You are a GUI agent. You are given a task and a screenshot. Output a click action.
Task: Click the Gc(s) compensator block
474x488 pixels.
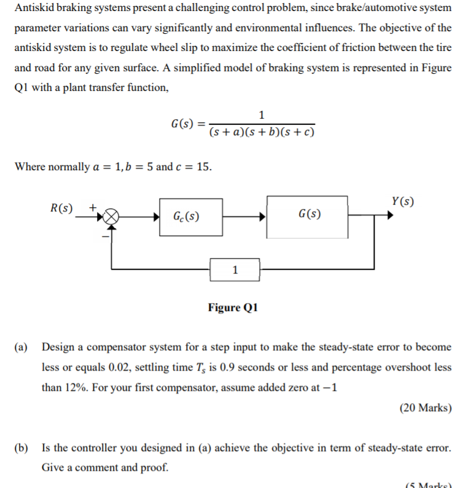(x=191, y=216)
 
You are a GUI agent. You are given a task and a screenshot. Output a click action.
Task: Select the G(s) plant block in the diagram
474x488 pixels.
(x=306, y=216)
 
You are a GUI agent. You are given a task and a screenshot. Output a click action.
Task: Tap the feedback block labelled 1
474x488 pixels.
(x=235, y=269)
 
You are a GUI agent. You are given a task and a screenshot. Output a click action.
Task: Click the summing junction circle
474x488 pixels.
(x=112, y=216)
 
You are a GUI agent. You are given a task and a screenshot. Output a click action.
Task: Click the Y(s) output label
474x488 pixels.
(x=402, y=201)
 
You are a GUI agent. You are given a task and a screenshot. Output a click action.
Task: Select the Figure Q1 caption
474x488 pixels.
(x=233, y=307)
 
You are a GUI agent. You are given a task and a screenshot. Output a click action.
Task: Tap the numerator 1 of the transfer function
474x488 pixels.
(x=262, y=115)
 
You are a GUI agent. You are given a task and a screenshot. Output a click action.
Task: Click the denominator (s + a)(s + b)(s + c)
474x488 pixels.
(x=262, y=132)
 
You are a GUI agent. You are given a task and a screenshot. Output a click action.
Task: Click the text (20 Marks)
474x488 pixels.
(x=425, y=407)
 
